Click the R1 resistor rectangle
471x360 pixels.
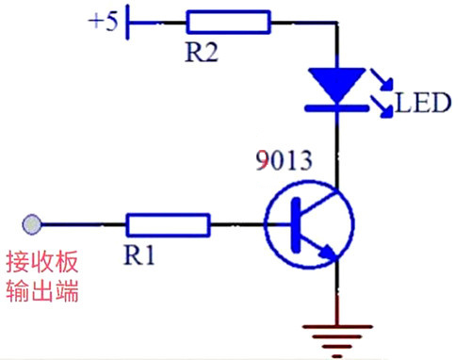click(168, 224)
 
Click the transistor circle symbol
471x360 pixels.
click(310, 226)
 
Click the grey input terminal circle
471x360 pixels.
click(31, 224)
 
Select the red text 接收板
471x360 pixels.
click(41, 261)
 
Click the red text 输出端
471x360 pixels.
click(41, 291)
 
